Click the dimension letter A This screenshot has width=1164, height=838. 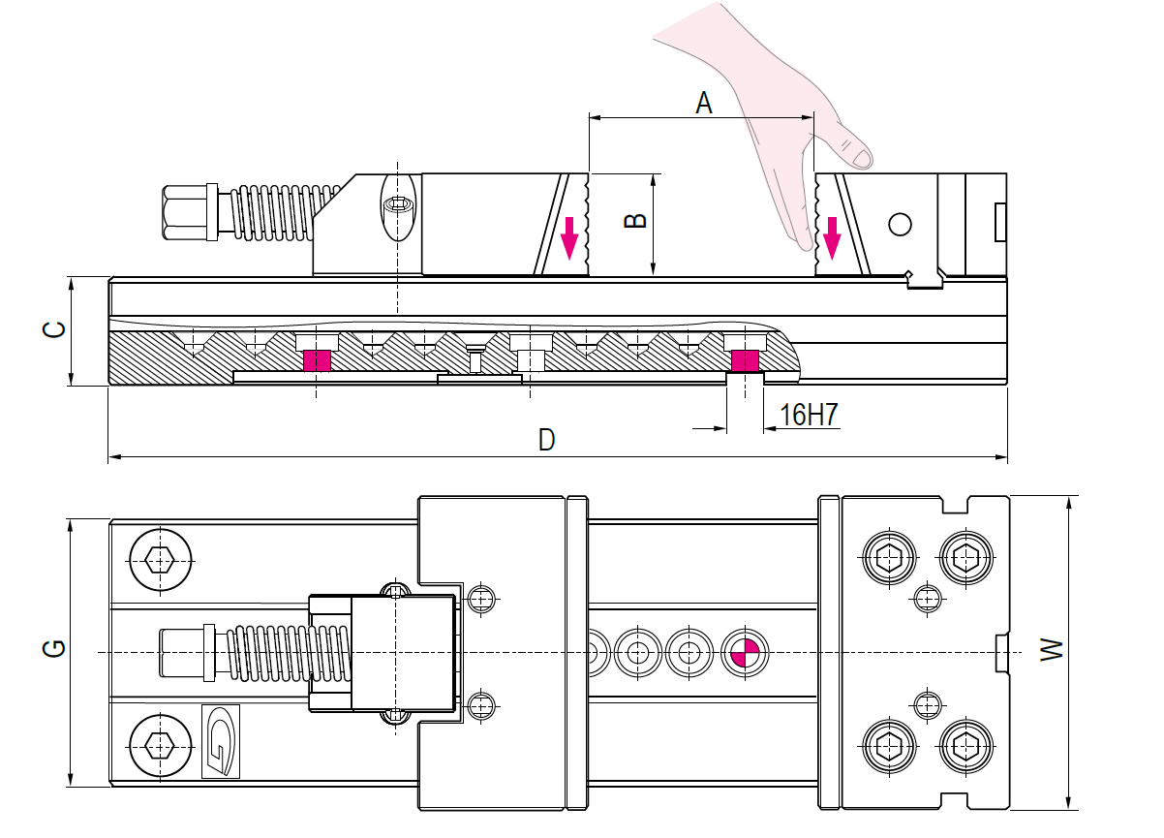point(704,103)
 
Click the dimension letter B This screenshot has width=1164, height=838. point(634,221)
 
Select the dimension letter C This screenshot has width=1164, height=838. point(53,329)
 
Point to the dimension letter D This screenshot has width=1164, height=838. point(547,440)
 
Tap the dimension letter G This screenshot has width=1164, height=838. point(53,648)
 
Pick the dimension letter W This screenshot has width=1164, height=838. point(1052,649)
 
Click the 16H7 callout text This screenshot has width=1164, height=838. point(809,415)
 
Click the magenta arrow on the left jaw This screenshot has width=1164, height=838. point(569,238)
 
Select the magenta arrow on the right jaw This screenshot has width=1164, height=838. point(832,238)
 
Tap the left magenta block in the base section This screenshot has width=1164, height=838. point(317,360)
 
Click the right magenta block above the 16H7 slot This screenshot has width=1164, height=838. point(745,360)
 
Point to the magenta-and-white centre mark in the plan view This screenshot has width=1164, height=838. point(745,653)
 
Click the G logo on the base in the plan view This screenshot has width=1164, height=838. point(221,741)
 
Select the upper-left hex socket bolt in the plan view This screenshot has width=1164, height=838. point(160,560)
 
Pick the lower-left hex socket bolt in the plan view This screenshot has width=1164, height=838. point(160,747)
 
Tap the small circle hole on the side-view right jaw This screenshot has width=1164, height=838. point(900,225)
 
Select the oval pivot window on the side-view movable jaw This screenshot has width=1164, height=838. point(398,207)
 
